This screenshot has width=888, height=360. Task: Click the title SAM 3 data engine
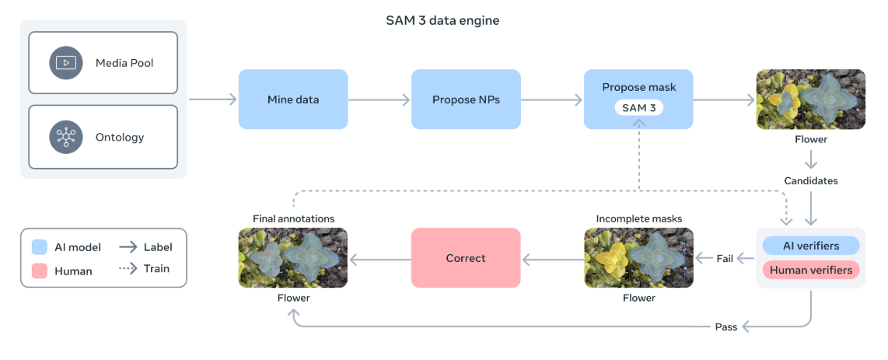point(442,21)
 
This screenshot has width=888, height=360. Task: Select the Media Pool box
point(103,63)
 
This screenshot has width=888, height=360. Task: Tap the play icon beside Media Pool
point(66,63)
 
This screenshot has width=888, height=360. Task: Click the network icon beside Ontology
point(66,138)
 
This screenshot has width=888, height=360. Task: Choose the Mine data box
point(293,100)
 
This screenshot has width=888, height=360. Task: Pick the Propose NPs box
point(466,100)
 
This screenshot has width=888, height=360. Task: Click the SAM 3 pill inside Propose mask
point(639,107)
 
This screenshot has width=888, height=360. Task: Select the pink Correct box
point(466,258)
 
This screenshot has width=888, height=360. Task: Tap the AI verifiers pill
point(811,246)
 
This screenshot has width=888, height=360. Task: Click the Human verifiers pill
point(811,271)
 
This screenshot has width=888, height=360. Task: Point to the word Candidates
point(811,180)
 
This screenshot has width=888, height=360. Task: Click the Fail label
point(725,258)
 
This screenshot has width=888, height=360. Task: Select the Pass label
point(725,327)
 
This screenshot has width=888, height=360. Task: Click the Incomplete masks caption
point(639,219)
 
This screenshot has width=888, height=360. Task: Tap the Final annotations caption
point(293,219)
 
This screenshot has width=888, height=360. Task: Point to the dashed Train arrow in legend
point(128,269)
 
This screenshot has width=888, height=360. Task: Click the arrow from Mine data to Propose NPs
point(379,100)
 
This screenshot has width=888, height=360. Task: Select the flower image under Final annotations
point(293,258)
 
